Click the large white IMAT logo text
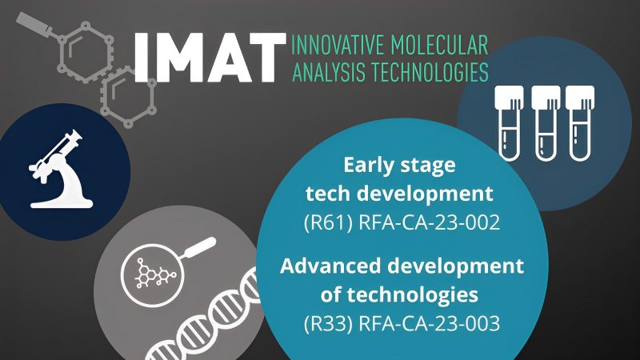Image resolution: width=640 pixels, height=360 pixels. tap(210, 58)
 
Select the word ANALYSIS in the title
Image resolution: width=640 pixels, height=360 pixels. tap(325, 73)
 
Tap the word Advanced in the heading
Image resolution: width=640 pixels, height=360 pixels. tap(334, 266)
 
